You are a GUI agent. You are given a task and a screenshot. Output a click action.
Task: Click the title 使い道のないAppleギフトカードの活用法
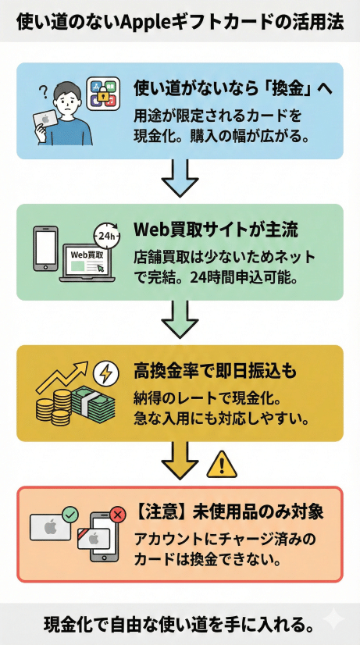click(180, 21)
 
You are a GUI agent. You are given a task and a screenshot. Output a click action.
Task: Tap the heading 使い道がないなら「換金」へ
click(233, 87)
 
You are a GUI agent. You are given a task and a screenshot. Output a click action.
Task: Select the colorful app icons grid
click(103, 94)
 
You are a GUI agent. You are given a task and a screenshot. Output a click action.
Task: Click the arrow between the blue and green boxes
click(180, 180)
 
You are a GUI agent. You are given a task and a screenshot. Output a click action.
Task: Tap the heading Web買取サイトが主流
click(216, 230)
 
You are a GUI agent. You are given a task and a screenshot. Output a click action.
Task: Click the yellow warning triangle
click(222, 465)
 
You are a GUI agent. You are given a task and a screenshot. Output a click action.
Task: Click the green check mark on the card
click(70, 515)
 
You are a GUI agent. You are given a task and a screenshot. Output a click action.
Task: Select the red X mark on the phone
click(118, 515)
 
